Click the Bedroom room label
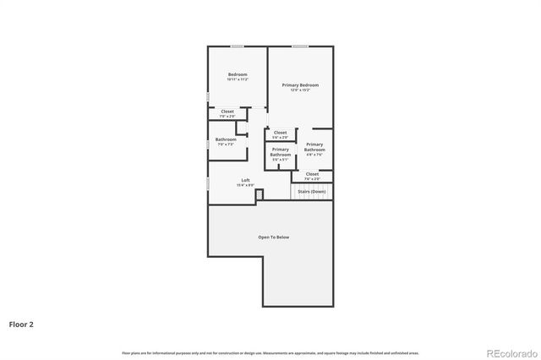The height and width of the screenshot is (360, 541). click(x=238, y=74)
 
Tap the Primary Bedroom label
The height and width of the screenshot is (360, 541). click(x=300, y=85)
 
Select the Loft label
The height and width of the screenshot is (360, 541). click(x=245, y=179)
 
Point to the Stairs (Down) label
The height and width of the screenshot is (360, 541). click(x=312, y=192)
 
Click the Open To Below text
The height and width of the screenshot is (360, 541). click(x=273, y=237)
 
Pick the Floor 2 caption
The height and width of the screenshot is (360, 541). click(x=21, y=324)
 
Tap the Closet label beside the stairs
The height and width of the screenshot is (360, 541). click(x=312, y=174)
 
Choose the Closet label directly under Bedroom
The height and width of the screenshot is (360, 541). click(x=227, y=111)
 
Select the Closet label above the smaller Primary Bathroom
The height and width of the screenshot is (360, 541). click(x=280, y=132)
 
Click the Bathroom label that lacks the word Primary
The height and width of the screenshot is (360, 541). click(x=226, y=139)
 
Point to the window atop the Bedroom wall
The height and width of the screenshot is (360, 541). click(x=238, y=46)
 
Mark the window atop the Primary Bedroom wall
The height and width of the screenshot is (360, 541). click(x=300, y=46)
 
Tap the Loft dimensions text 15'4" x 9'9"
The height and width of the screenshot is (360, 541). click(x=245, y=184)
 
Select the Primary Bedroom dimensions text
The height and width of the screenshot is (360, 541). click(x=300, y=90)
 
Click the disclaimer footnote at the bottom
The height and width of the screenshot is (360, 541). click(x=270, y=352)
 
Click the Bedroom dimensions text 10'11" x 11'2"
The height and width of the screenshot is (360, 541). click(x=238, y=79)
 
